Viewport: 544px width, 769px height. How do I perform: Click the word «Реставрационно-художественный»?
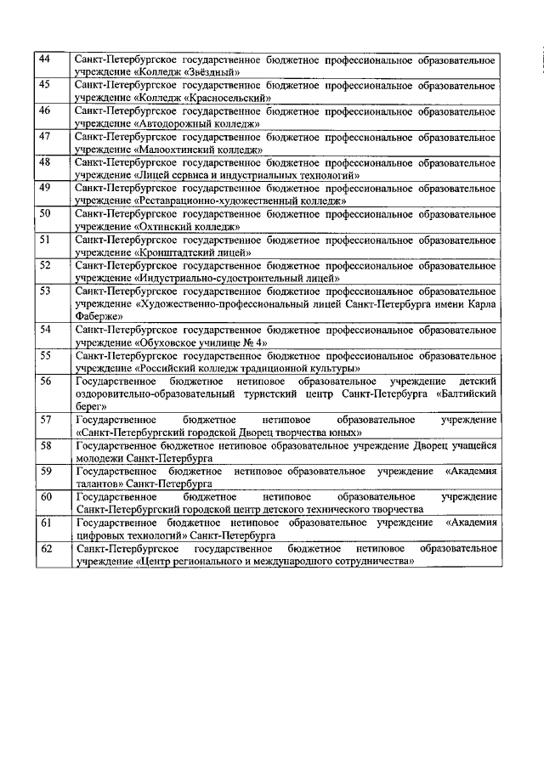click(221, 201)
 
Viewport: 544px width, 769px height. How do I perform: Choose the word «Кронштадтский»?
click(176, 252)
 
